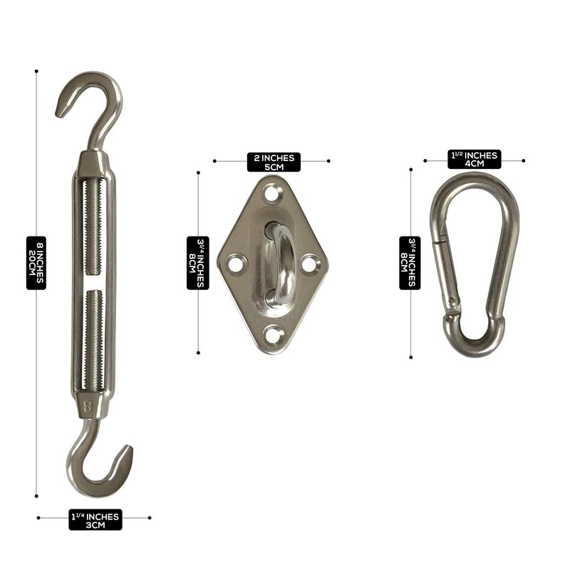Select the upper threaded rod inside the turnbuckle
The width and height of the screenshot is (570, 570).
tap(94, 227)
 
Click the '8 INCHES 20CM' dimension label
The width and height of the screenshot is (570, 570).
tap(36, 263)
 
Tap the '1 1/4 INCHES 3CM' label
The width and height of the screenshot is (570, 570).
tap(95, 520)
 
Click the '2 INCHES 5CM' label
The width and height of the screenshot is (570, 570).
tap(274, 162)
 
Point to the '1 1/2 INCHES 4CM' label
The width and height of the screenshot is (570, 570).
tap(475, 160)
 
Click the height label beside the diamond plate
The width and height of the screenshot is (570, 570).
tap(198, 263)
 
